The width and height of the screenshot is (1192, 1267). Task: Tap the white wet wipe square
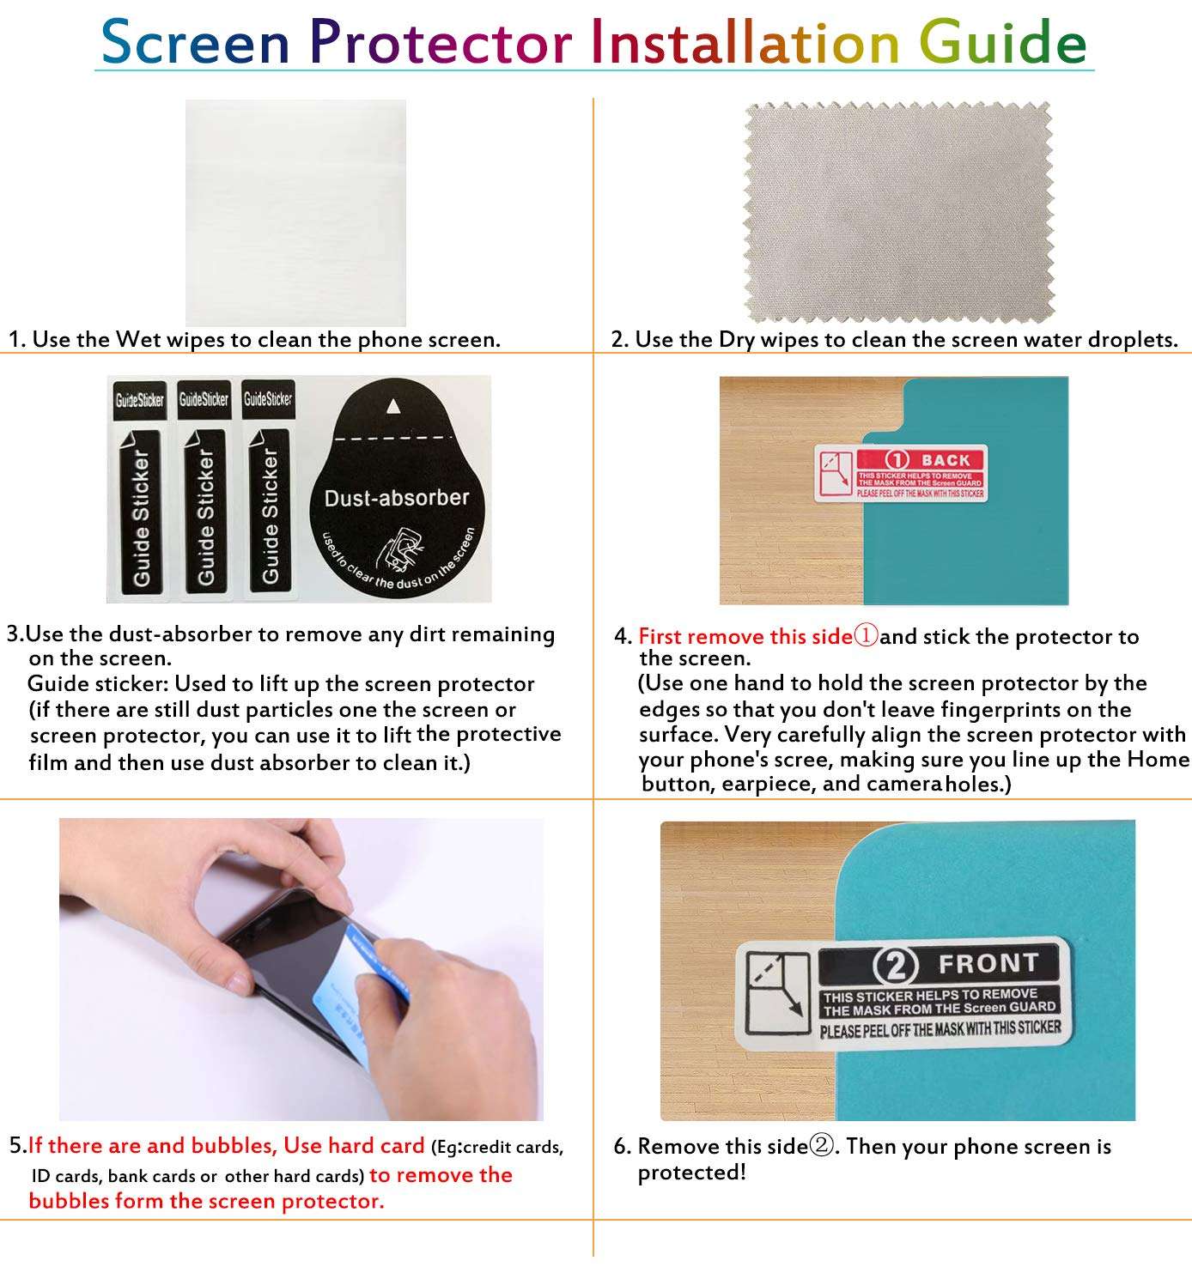[x=295, y=212]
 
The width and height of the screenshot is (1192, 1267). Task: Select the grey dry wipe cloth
[x=897, y=212]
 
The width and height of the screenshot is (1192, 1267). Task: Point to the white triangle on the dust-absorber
[x=394, y=405]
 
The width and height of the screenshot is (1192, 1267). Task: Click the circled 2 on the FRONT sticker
[x=895, y=965]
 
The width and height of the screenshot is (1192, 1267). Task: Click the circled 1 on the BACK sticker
[x=897, y=460]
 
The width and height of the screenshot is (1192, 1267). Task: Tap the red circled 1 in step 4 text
[x=866, y=635]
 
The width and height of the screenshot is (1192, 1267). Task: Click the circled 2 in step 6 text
[x=822, y=1146]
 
